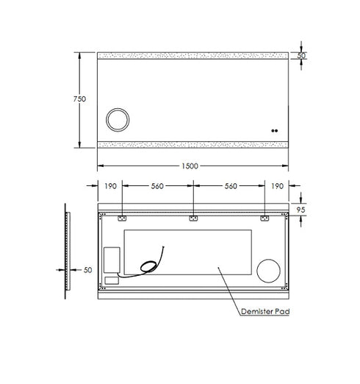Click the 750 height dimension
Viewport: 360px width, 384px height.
79,99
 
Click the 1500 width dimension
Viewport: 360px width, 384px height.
190,166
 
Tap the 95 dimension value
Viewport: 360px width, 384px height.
300,210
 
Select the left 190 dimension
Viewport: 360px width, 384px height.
110,186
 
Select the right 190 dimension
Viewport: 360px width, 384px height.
277,186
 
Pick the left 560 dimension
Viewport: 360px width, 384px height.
157,186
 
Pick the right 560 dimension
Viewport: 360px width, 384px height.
231,186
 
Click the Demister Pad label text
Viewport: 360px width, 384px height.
265,311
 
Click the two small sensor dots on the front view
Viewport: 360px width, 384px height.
275,131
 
